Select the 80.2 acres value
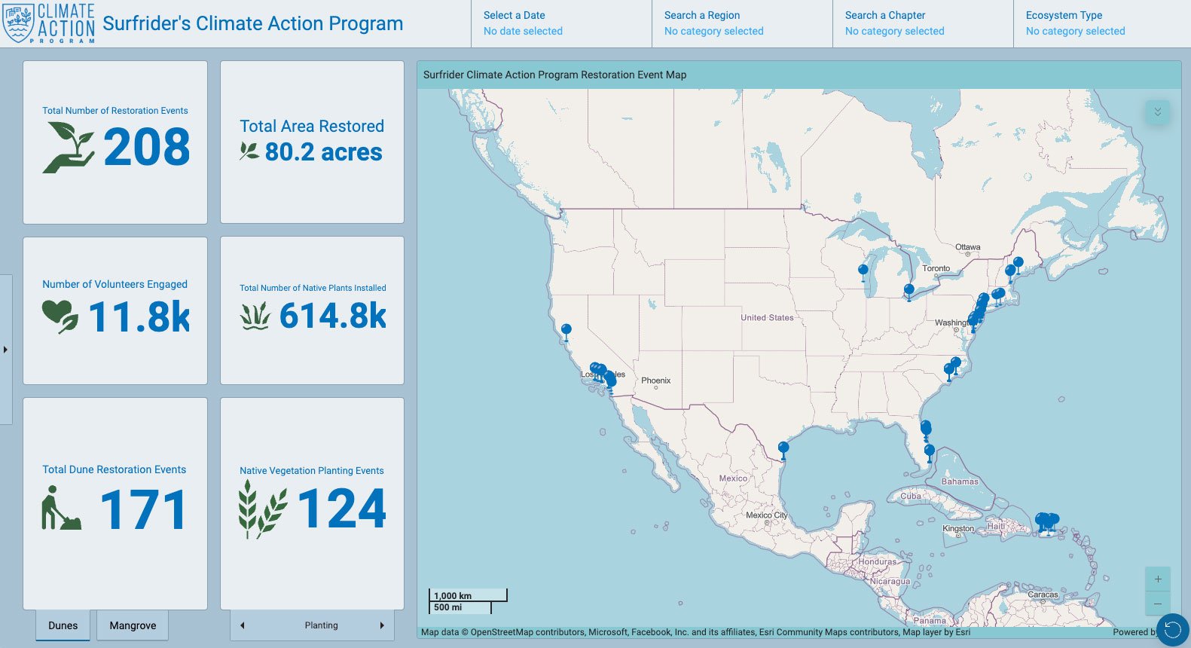323,152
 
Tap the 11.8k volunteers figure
139,316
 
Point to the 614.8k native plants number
333,316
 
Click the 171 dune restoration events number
143,510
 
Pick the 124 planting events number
342,509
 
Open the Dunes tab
63,625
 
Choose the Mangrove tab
133,625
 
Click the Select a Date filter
560,23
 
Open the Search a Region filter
741,23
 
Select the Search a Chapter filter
922,23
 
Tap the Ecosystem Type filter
1101,23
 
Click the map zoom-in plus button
1158,579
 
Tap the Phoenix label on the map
655,381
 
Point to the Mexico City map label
766,515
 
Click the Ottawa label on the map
968,247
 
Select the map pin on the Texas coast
783,448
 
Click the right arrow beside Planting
382,625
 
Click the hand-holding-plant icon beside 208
69,147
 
